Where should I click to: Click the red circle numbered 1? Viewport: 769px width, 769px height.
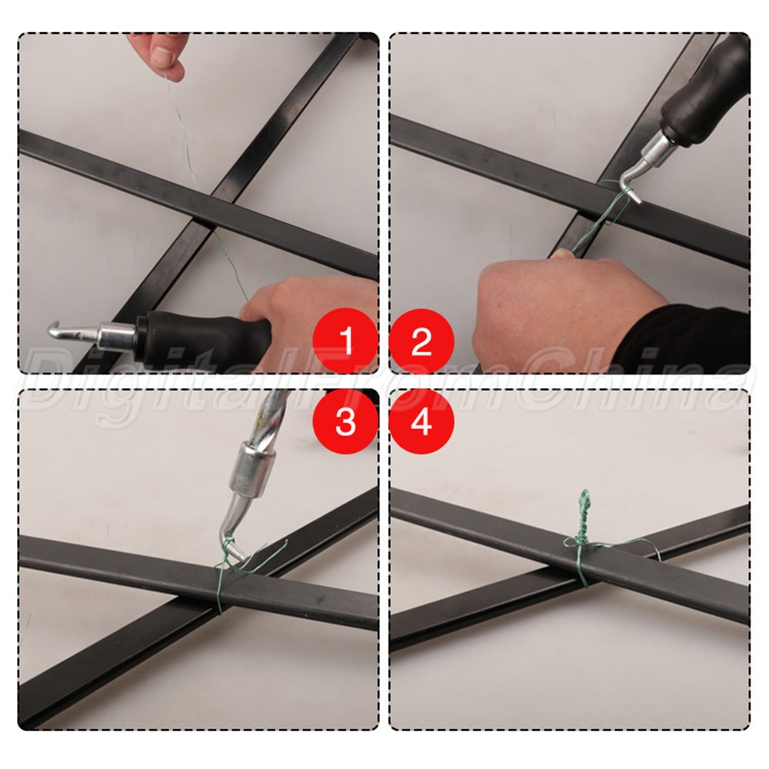346,340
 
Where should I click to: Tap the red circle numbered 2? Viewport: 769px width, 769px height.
421,340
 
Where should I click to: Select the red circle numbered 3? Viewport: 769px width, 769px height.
346,421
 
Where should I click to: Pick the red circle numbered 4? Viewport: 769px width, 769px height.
421,421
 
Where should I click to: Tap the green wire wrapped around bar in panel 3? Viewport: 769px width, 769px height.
219,588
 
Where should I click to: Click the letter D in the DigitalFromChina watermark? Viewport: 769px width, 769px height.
49,378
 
